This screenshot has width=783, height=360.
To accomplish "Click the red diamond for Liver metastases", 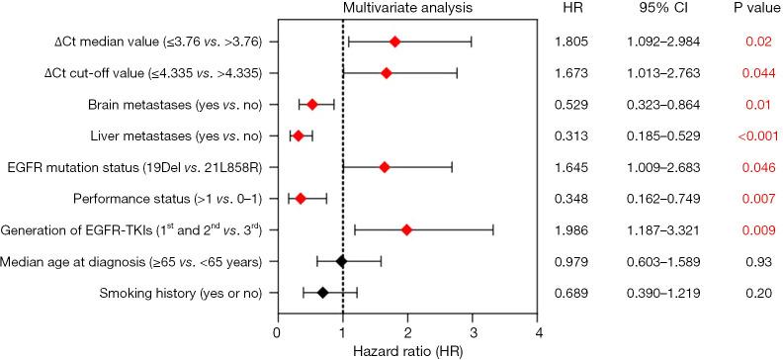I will tap(298, 135).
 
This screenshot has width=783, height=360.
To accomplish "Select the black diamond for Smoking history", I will tap(322, 293).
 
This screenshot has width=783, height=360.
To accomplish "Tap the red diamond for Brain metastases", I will tap(312, 104).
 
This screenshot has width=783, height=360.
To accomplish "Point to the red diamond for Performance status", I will tap(300, 198).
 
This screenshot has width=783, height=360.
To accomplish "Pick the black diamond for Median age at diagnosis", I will tap(341, 261).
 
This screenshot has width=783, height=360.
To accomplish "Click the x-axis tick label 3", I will tap(473, 331).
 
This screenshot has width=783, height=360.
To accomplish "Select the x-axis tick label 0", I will tap(278, 331).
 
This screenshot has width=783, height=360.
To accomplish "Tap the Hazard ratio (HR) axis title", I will tap(407, 350).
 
